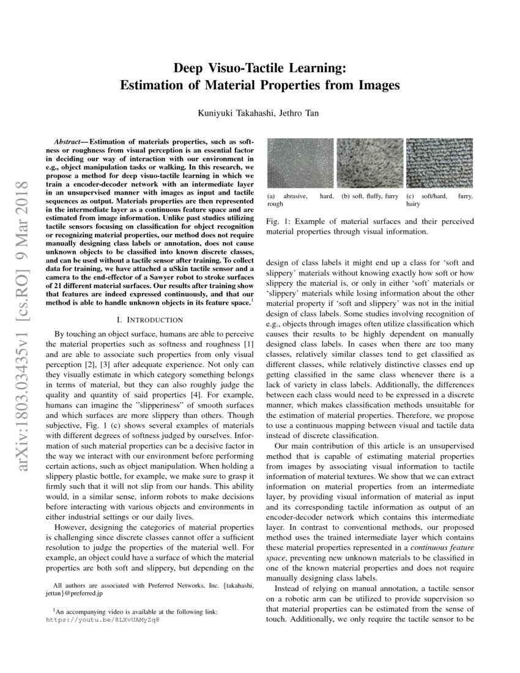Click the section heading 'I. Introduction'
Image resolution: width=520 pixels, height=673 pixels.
pyautogui.click(x=149, y=319)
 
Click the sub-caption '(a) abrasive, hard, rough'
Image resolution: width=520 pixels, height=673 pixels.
pyautogui.click(x=300, y=201)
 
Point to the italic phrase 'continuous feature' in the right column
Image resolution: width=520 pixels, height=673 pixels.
pyautogui.click(x=445, y=545)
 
